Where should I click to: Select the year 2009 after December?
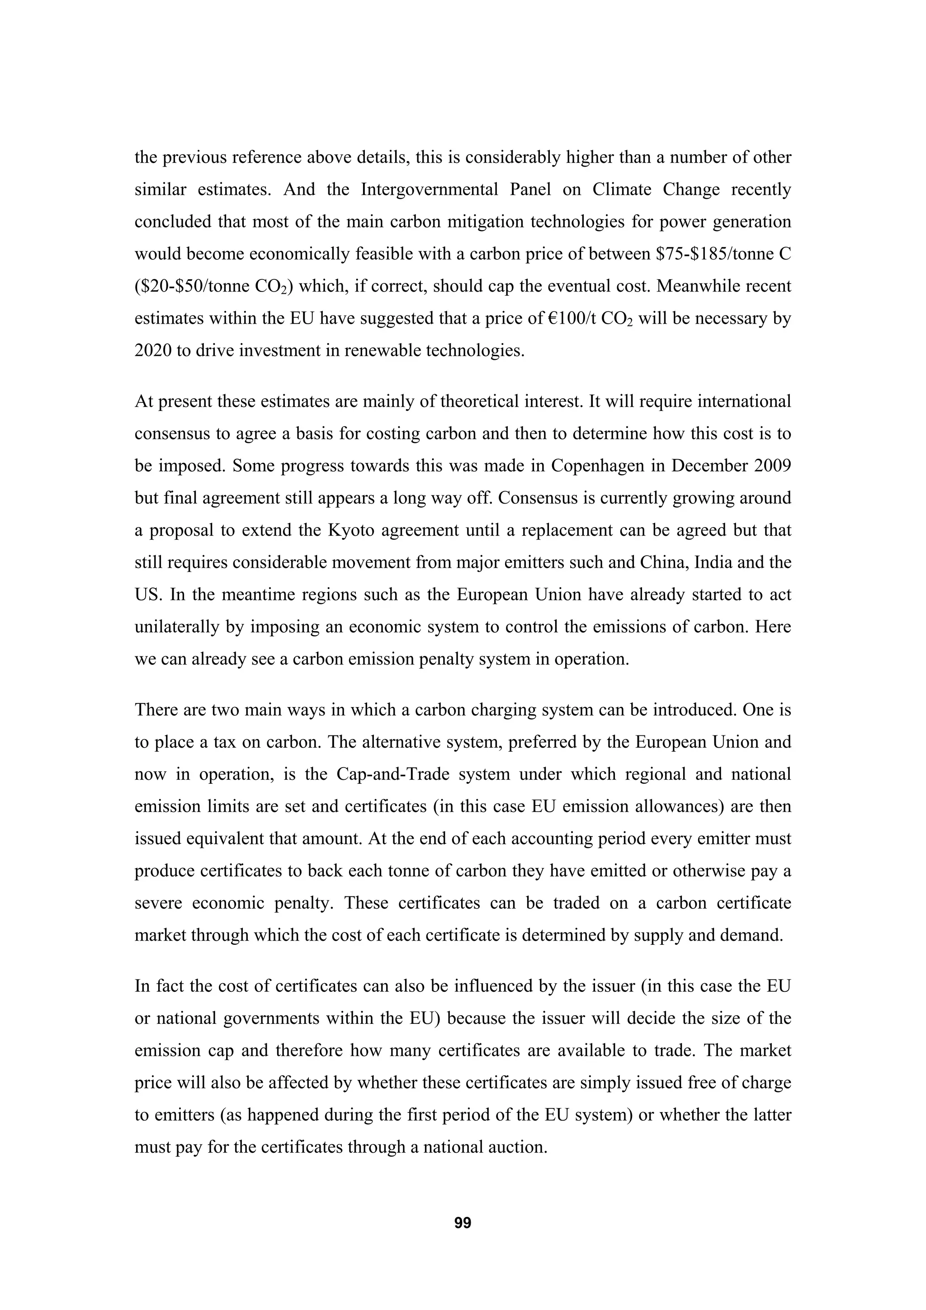coord(771,466)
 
